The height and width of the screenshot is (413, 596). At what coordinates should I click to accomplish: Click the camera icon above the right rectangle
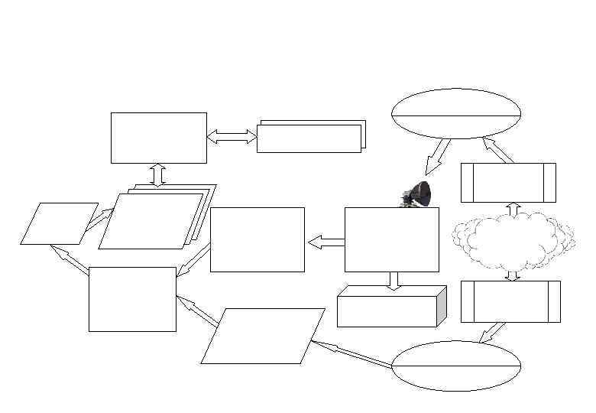[x=418, y=193]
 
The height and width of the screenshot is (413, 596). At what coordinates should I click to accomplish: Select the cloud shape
[x=512, y=237]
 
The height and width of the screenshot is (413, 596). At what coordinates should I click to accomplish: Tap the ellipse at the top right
[x=456, y=114]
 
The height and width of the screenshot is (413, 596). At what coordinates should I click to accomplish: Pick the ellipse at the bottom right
[x=456, y=366]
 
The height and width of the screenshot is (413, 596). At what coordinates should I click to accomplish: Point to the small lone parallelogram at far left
[x=59, y=223]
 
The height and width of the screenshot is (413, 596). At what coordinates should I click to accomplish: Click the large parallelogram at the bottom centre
[x=262, y=336]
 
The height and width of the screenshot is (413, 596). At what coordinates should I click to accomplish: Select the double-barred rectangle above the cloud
[x=508, y=183]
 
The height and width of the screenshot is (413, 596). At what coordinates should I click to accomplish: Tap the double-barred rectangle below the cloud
[x=510, y=301]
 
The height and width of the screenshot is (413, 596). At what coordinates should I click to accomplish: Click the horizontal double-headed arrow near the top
[x=232, y=137]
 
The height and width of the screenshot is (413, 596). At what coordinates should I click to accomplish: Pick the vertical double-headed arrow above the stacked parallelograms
[x=158, y=174]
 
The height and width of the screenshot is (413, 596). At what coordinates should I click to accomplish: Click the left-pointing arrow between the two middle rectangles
[x=326, y=242]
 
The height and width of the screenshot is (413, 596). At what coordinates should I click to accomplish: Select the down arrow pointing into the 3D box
[x=394, y=281]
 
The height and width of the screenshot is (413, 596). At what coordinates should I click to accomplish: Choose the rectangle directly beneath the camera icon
[x=391, y=239]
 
